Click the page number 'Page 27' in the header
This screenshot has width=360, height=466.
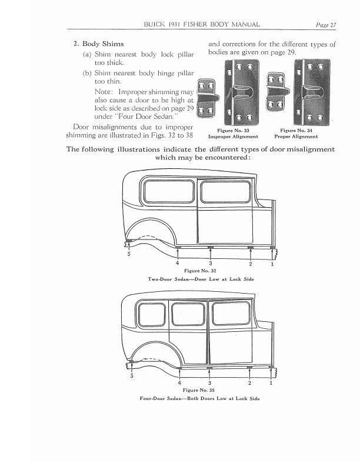(325, 24)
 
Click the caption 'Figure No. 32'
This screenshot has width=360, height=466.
(196, 271)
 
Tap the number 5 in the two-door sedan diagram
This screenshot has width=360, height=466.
(129, 255)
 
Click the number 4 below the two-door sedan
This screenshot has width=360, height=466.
(177, 262)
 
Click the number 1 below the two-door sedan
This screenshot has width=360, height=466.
(272, 264)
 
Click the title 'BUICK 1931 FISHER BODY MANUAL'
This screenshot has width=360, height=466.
(202, 24)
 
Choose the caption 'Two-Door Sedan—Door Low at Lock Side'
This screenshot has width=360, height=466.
(196, 278)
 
